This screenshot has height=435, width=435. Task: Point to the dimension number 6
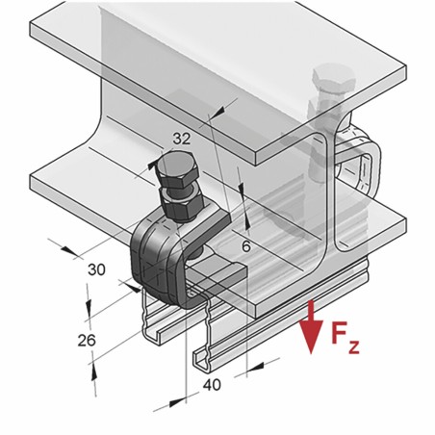248,245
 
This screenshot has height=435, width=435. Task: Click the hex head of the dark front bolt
175,178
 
